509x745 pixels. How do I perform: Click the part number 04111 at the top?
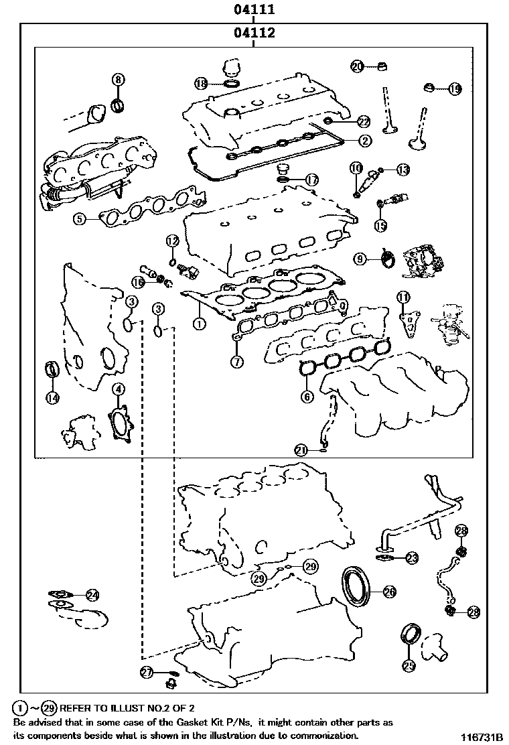[x=253, y=10]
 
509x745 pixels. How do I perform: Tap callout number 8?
[x=118, y=80]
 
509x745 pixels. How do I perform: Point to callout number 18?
[x=201, y=83]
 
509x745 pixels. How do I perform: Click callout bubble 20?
[x=356, y=66]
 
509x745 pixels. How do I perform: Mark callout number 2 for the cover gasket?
[x=364, y=141]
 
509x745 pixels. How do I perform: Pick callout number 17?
[x=312, y=180]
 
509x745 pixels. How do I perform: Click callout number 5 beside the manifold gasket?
[x=80, y=218]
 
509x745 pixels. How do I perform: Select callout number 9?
[x=360, y=258]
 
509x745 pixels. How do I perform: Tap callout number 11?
[x=403, y=297]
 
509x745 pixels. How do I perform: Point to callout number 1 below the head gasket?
[x=198, y=324]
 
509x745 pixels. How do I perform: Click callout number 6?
[x=307, y=397]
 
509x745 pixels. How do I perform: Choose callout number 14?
[x=53, y=397]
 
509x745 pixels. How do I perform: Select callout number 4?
[x=118, y=389]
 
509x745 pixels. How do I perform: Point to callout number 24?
[x=92, y=594]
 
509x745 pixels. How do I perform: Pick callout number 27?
[x=147, y=672]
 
